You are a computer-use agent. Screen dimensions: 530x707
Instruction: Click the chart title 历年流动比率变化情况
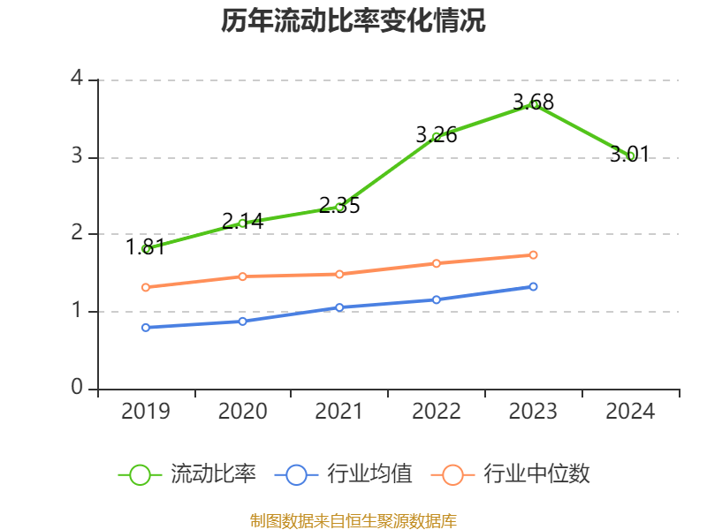353,21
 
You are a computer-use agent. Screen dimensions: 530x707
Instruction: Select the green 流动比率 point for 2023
534,104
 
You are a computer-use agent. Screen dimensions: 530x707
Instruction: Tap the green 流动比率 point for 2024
631,155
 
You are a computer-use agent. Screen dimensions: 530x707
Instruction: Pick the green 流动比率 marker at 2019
146,249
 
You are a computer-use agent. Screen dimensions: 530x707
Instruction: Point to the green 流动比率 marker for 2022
437,136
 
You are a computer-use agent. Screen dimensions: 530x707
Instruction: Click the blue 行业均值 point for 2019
146,327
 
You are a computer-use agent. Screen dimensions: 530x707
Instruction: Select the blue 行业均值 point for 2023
534,286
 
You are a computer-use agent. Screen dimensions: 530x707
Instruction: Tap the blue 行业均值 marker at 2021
339,307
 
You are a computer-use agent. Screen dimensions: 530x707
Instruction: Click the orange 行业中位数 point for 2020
243,276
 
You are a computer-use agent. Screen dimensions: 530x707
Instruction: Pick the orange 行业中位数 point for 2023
534,255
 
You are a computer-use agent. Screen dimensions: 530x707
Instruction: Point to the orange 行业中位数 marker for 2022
437,263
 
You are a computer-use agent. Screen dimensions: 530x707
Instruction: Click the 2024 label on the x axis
631,412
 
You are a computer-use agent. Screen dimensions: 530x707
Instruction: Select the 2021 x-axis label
339,412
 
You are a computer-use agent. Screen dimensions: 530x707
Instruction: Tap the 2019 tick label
146,412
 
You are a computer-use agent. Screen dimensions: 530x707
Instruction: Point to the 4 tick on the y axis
77,79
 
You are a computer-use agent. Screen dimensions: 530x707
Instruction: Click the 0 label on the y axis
77,388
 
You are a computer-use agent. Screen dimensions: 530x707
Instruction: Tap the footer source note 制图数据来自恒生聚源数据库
353,520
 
